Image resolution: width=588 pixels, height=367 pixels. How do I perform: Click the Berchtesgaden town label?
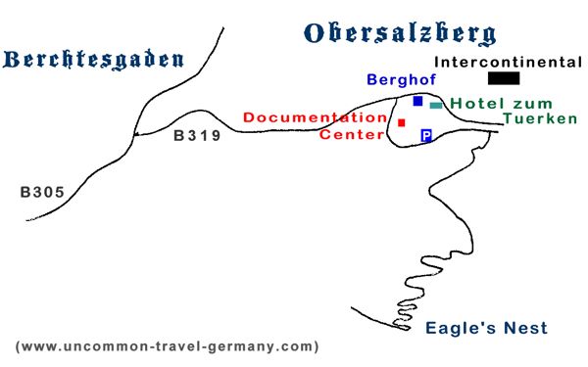tap(94, 61)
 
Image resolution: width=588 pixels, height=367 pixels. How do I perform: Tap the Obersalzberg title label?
tap(400, 33)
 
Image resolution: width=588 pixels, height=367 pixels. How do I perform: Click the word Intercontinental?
tap(508, 62)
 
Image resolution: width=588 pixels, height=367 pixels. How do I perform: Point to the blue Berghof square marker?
tap(418, 101)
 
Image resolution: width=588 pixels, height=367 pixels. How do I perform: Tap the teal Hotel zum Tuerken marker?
tap(436, 105)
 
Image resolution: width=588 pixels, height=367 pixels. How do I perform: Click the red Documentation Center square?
tap(402, 122)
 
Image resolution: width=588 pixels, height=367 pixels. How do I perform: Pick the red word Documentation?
tap(315, 117)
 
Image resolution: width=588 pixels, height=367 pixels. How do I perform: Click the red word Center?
tap(352, 134)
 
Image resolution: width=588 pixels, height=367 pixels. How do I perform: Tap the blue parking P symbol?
tap(426, 136)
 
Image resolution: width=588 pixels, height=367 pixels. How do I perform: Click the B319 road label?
tap(198, 136)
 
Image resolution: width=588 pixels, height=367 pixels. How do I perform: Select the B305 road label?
tap(43, 193)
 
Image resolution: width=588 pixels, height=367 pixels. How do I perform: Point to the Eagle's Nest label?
tap(486, 329)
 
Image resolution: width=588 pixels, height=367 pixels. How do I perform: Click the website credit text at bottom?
tap(167, 346)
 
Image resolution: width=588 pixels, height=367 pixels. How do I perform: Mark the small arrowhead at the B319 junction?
tap(137, 134)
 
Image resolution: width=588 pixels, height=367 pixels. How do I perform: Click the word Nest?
tap(527, 329)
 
